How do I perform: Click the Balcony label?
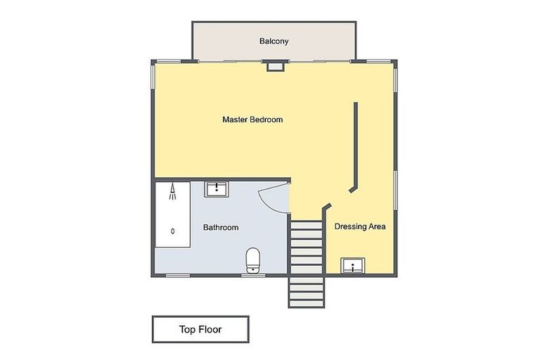[x=274, y=41]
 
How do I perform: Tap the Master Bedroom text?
[x=252, y=120]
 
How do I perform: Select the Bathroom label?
[x=221, y=227]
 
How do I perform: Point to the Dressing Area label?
[x=360, y=227]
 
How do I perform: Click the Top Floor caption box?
[x=200, y=328]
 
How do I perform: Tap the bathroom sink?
[x=215, y=188]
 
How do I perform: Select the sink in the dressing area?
[x=352, y=266]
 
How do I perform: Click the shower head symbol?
[x=172, y=192]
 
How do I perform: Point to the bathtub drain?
[x=173, y=231]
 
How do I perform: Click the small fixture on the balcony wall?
[x=274, y=66]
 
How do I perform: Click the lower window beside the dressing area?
[x=396, y=190]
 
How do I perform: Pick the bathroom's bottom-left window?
[x=176, y=275]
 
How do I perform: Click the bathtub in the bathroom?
[x=172, y=214]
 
